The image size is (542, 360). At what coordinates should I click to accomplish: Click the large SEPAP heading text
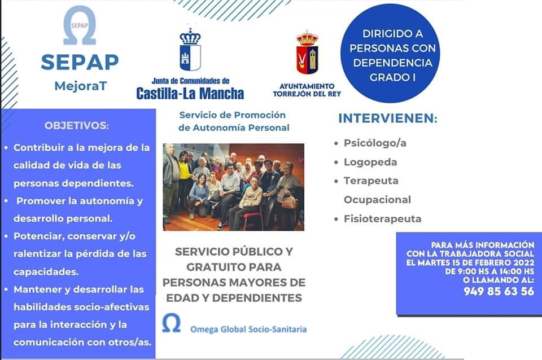pyautogui.click(x=80, y=62)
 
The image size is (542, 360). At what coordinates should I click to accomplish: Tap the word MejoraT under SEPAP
pyautogui.click(x=81, y=86)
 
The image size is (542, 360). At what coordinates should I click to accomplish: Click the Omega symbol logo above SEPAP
pyautogui.click(x=80, y=25)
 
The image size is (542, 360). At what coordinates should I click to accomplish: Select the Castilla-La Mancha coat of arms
pyautogui.click(x=190, y=50)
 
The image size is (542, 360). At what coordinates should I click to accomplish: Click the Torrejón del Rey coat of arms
pyautogui.click(x=307, y=52)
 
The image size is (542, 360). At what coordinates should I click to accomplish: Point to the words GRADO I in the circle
pyautogui.click(x=392, y=77)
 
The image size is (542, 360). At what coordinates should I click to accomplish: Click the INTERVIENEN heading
pyautogui.click(x=387, y=118)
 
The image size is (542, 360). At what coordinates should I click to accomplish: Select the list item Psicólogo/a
pyautogui.click(x=375, y=143)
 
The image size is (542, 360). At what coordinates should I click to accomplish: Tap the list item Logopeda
pyautogui.click(x=370, y=162)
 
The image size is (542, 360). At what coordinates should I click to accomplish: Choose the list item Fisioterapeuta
pyautogui.click(x=382, y=219)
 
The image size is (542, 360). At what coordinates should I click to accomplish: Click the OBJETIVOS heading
pyautogui.click(x=76, y=125)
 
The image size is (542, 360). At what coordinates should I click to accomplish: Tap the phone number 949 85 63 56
pyautogui.click(x=499, y=291)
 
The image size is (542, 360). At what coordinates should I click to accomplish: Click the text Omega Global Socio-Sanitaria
pyautogui.click(x=248, y=330)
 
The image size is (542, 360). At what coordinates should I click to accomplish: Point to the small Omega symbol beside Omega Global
pyautogui.click(x=172, y=323)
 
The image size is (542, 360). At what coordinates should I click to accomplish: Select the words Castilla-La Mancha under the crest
pyautogui.click(x=190, y=93)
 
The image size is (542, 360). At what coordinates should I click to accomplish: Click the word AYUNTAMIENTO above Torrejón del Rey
pyautogui.click(x=307, y=86)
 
